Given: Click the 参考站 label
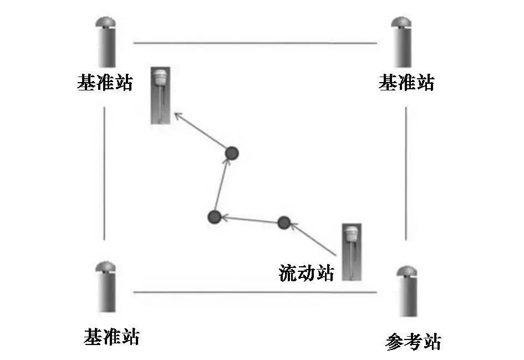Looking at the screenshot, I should click(x=413, y=342).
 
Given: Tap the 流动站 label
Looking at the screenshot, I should click(x=307, y=273).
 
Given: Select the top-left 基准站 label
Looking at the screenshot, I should click(x=105, y=83).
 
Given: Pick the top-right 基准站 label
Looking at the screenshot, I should click(x=406, y=83).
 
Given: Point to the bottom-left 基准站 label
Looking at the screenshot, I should click(x=111, y=336).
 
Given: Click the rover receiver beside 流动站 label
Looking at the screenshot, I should click(x=352, y=251).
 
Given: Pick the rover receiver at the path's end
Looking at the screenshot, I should click(x=161, y=95).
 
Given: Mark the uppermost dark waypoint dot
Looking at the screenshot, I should click(x=232, y=152).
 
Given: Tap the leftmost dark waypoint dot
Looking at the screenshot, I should click(x=214, y=217).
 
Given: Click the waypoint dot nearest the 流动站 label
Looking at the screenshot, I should click(x=284, y=223).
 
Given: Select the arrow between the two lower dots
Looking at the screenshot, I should click(x=250, y=220).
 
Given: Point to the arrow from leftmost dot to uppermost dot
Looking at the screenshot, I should click(x=223, y=185).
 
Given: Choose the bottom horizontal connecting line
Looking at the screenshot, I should click(x=255, y=292).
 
